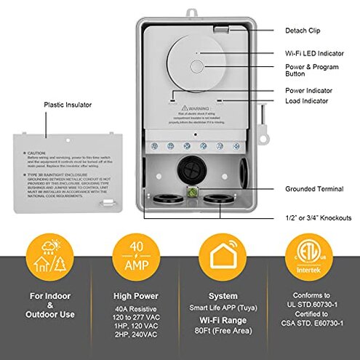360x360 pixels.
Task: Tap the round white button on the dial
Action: [197, 66]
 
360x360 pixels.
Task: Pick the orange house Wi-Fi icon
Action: [222, 260]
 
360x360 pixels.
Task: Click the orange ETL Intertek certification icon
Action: [305, 260]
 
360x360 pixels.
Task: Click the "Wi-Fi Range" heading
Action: [223, 317]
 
